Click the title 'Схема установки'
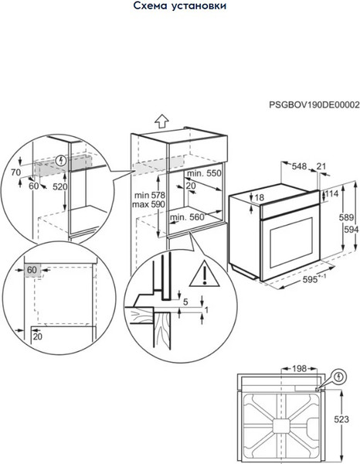(x=180, y=5)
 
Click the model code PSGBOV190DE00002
(x=314, y=104)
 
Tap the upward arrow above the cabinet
(x=161, y=121)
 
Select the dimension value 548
(x=299, y=166)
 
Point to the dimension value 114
(x=331, y=194)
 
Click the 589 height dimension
(x=346, y=217)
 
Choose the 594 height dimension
(x=352, y=230)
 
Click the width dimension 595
(x=310, y=279)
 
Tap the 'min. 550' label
(x=204, y=173)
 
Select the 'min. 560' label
(x=187, y=217)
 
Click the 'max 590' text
(x=148, y=204)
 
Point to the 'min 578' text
(x=150, y=196)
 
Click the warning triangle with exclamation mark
(x=205, y=274)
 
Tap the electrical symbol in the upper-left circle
(x=61, y=161)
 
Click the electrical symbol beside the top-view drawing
(x=340, y=377)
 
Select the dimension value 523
(x=341, y=419)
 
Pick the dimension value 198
(x=299, y=369)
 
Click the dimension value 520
(x=60, y=186)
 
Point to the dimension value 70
(x=15, y=172)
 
